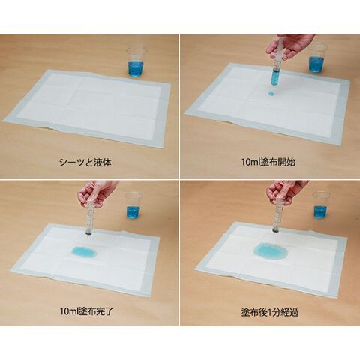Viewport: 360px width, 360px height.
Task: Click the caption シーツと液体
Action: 85,163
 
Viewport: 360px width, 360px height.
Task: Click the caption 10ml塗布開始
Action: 268,162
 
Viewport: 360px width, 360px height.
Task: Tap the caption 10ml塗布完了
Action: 87,311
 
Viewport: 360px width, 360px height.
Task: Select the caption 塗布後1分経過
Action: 270,312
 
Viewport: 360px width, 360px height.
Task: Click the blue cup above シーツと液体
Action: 136,61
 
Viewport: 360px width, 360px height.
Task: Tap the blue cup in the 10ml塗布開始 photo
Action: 317,58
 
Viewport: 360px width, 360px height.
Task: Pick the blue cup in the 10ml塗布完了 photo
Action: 133,205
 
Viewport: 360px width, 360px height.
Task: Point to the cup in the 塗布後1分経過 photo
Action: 321,205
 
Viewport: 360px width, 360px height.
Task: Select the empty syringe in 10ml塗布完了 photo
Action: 90,217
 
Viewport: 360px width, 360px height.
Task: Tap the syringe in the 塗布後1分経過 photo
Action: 277,216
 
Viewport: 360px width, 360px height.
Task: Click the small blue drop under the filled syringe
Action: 271,93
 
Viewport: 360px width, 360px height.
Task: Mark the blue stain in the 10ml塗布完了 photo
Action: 84,252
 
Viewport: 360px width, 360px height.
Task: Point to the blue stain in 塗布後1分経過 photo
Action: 271,250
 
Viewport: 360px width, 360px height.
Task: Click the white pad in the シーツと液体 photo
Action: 88,108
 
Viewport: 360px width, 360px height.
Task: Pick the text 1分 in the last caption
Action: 272,312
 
